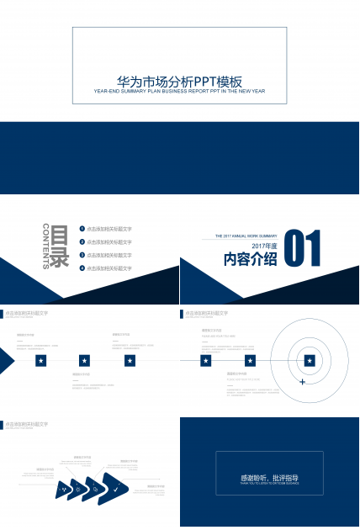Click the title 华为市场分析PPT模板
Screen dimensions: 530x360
coord(180,82)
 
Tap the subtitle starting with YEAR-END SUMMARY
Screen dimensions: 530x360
coord(180,91)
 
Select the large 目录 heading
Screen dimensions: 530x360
coord(60,246)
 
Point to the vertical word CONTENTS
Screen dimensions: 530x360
coord(45,246)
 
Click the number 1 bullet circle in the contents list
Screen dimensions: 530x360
coord(82,229)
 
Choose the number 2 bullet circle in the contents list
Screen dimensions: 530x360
coord(82,241)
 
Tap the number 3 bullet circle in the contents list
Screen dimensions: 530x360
coord(82,254)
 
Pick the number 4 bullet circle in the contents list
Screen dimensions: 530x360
coord(82,268)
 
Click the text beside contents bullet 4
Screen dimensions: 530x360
coord(109,268)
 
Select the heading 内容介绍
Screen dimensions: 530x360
coord(250,259)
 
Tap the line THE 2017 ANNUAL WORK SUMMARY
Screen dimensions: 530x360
coord(246,236)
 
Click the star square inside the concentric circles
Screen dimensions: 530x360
coord(310,360)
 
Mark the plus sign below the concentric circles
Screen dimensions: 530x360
coord(302,382)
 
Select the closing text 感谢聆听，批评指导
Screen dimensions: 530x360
coord(269,478)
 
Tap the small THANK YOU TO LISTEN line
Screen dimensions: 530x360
coord(269,484)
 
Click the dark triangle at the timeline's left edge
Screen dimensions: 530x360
coord(6,361)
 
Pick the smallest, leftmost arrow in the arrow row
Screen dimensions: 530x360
coord(61,489)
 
